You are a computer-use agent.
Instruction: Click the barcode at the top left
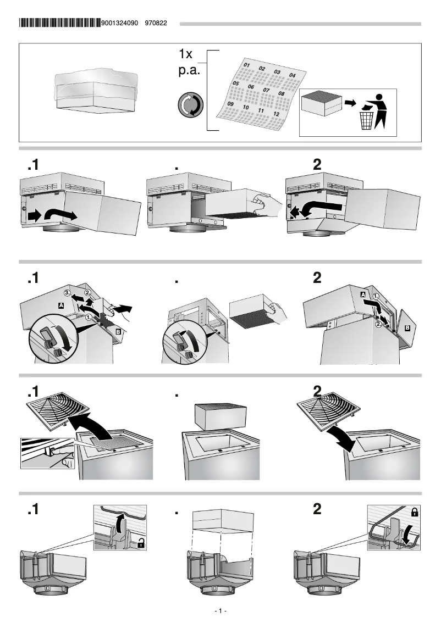(x=59, y=23)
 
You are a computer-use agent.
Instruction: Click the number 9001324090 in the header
(x=120, y=24)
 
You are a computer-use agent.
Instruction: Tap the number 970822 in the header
(x=156, y=24)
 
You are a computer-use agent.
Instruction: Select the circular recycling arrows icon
(x=191, y=105)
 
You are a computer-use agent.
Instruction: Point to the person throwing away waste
(x=379, y=110)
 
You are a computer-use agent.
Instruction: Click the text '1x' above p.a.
(x=185, y=55)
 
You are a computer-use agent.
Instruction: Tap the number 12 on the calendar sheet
(x=277, y=114)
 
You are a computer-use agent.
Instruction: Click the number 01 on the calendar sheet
(x=247, y=65)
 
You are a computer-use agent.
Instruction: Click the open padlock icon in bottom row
(x=141, y=544)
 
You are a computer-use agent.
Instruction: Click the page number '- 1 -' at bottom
(x=220, y=611)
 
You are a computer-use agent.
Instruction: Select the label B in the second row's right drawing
(x=407, y=328)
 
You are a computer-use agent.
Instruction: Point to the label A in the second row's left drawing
(x=60, y=304)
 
